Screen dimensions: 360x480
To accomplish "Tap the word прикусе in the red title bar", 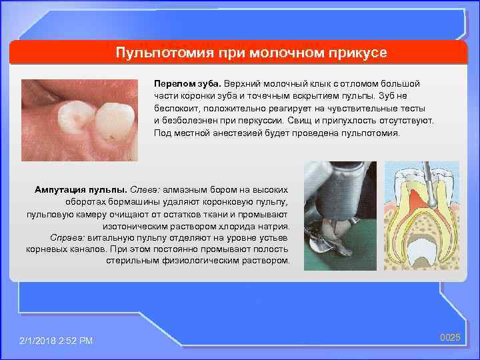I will coord(351,52).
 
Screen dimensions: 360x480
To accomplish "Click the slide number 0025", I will coord(450,338).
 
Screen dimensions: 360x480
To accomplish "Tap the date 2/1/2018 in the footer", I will coord(39,341).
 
